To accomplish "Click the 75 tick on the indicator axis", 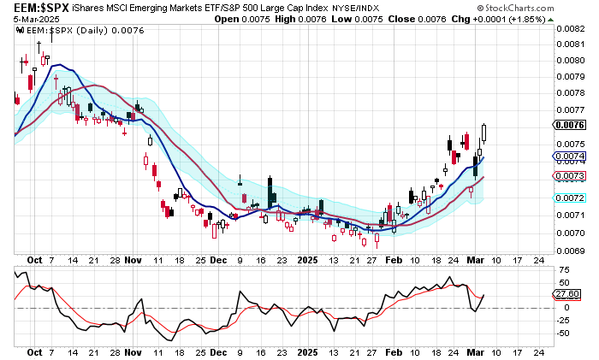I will pyautogui.click(x=564, y=269).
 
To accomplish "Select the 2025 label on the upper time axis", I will pyautogui.click(x=306, y=257).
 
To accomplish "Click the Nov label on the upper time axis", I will pyautogui.click(x=132, y=257).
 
